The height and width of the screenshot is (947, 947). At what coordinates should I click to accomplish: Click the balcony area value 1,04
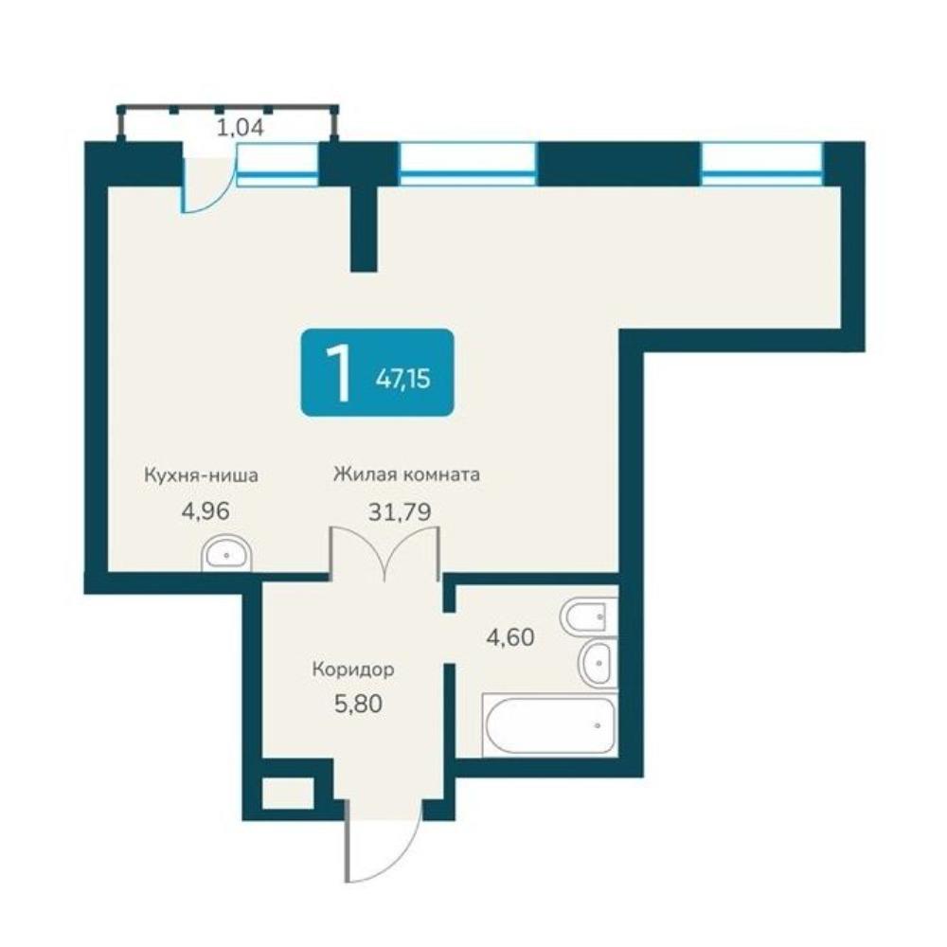240,128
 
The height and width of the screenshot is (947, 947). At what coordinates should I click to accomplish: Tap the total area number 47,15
402,379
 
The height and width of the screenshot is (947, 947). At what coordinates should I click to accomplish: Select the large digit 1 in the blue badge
337,372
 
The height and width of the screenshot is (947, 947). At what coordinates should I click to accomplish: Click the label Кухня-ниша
201,475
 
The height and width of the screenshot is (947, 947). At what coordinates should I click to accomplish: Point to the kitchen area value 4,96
205,511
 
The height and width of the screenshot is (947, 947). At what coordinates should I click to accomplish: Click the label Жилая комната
406,474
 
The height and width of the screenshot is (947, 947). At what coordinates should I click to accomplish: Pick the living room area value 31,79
400,512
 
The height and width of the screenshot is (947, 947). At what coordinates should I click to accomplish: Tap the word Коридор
353,670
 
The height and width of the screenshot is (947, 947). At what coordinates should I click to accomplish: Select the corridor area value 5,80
358,704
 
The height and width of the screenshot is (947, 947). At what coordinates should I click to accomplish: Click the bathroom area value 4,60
510,637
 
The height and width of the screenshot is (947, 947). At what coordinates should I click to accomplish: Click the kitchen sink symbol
226,554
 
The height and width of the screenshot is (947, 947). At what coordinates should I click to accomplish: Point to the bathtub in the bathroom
549,724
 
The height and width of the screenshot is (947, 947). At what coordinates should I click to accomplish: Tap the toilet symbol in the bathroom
589,616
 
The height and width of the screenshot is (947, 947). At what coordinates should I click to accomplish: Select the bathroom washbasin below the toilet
598,663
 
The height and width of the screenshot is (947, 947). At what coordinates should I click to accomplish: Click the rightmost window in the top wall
762,164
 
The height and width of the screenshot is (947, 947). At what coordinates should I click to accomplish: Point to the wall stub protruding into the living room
365,228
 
